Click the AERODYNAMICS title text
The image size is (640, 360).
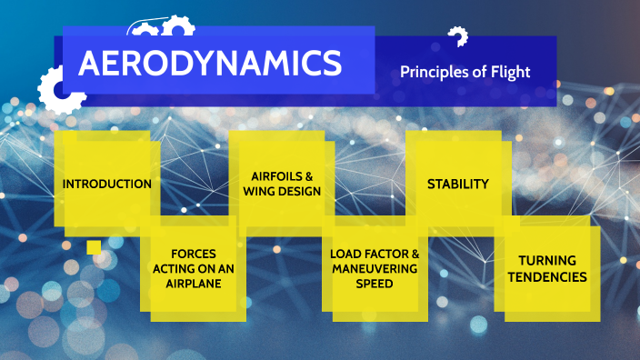pos(210,64)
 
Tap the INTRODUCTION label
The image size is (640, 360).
pos(107,184)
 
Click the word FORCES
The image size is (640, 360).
pos(197,255)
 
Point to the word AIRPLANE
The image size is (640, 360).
pos(198,283)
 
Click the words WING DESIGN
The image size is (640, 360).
pos(282,191)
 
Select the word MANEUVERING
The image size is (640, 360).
pos(375,269)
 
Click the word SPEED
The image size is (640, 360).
pos(375,284)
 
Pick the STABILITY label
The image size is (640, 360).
pos(458,184)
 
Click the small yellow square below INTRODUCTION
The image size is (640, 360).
pos(94,247)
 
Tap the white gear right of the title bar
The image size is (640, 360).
pos(458,37)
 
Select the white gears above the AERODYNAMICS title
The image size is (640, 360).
pos(162,28)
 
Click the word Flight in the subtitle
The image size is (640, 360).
pos(510,72)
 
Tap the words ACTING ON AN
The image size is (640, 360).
pos(197,269)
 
